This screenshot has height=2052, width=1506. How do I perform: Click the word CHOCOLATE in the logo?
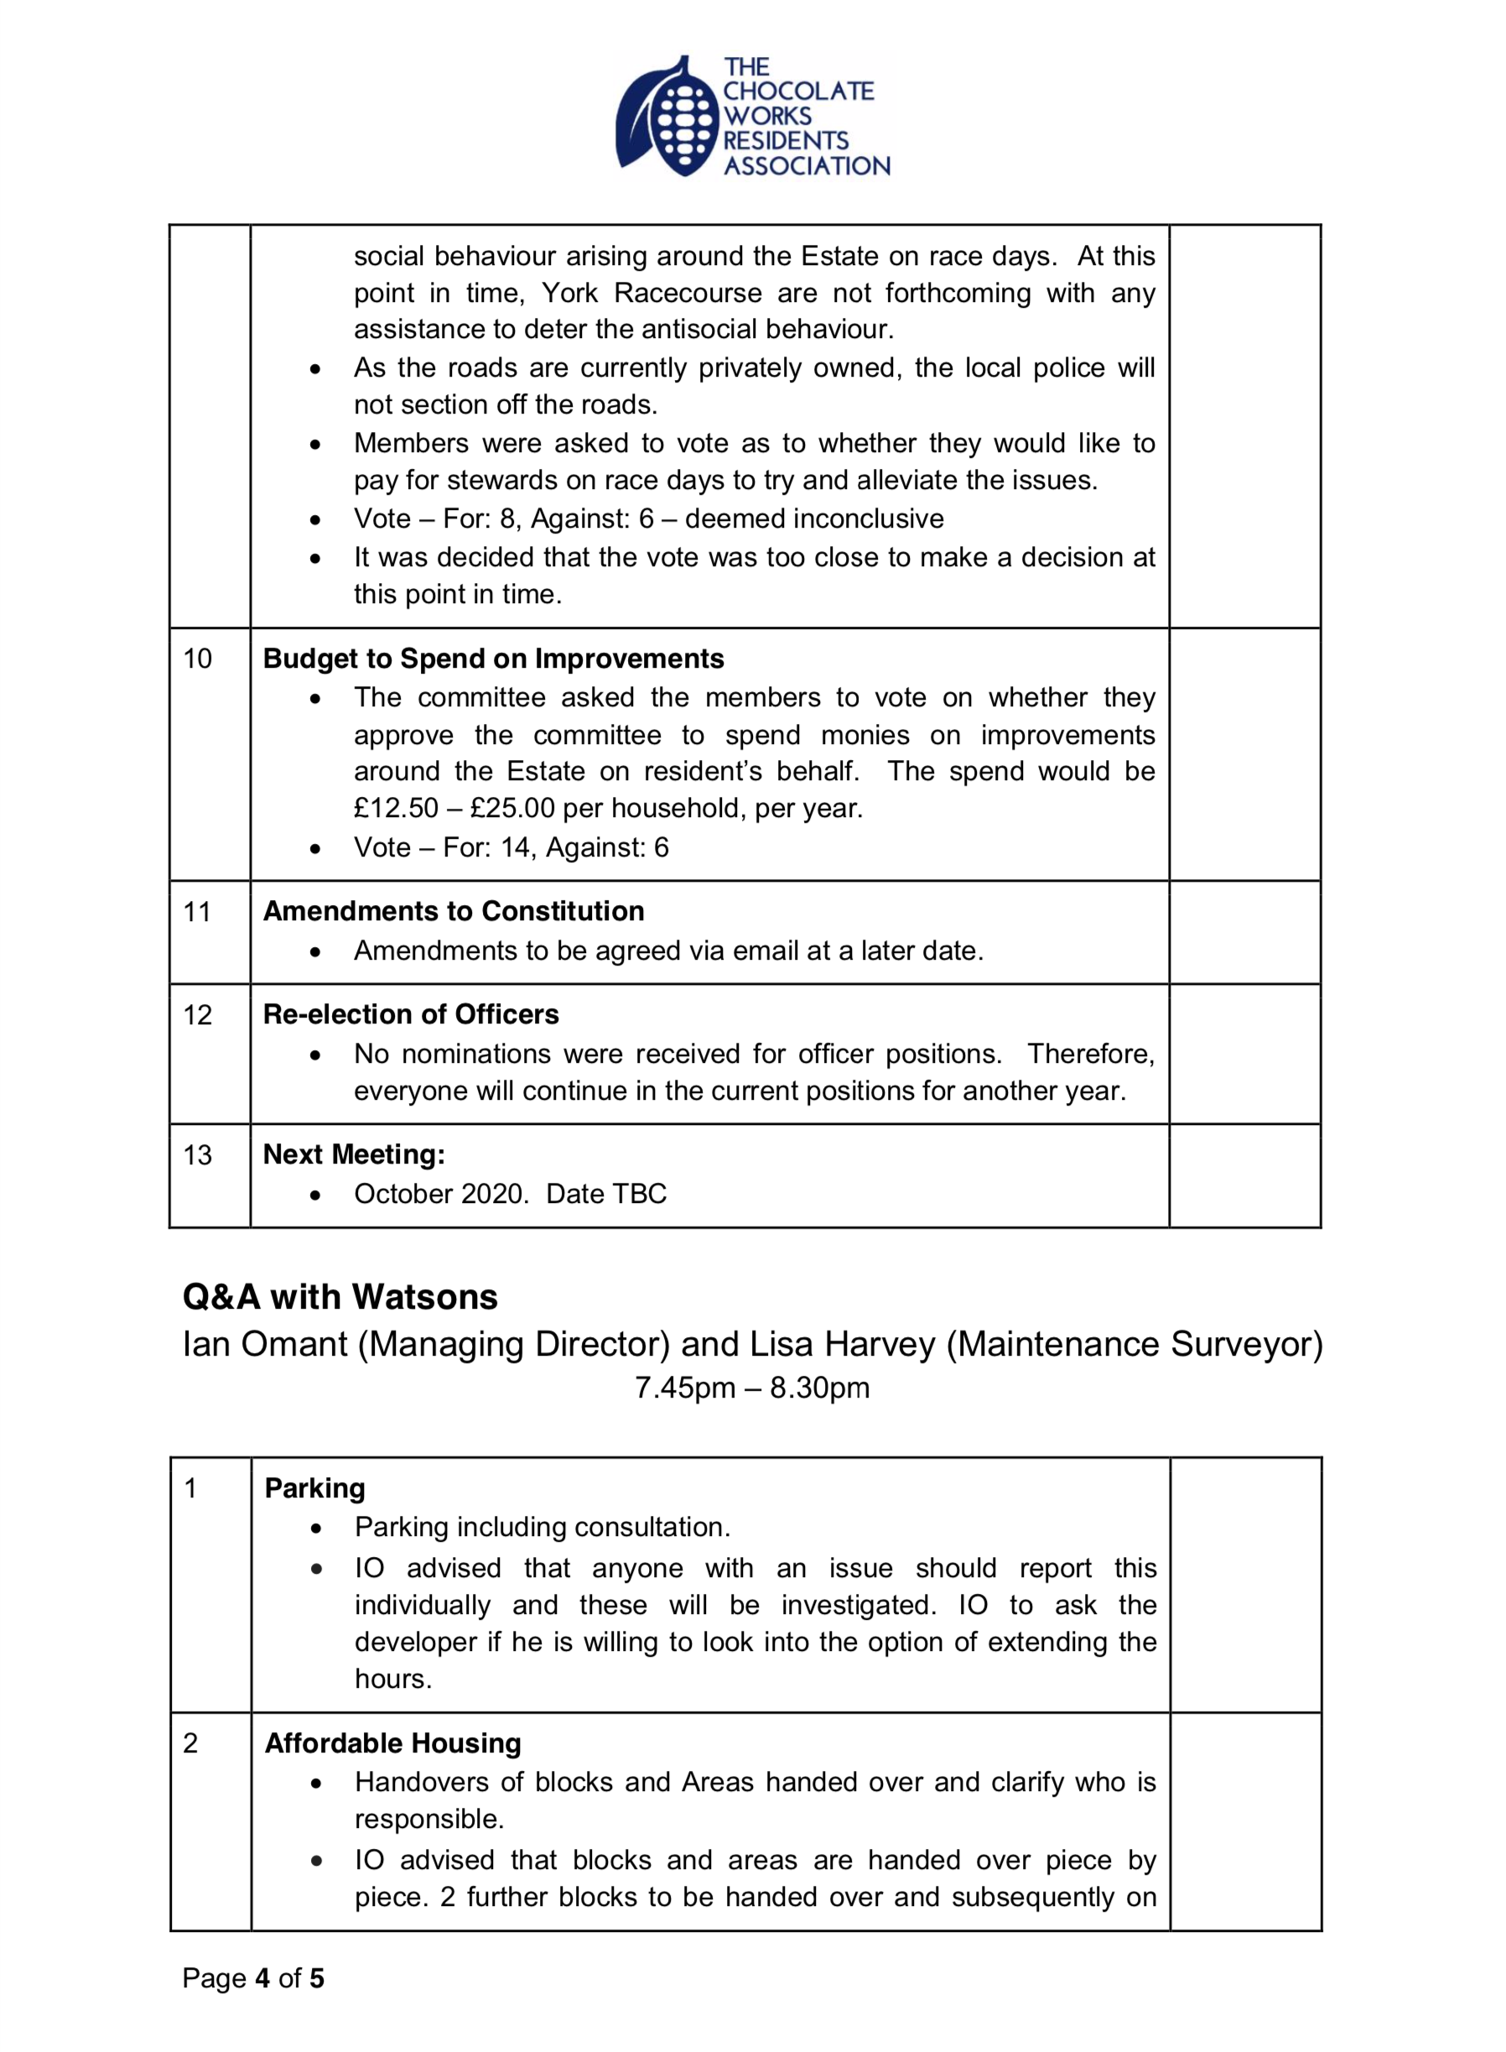[x=797, y=91]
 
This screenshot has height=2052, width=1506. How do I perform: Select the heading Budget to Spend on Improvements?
[x=493, y=659]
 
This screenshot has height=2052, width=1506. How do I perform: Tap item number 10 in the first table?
[x=197, y=659]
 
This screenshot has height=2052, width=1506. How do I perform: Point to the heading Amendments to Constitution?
[x=453, y=911]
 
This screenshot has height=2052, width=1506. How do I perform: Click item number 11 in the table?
[x=197, y=912]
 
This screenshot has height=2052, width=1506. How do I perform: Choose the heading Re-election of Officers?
[x=410, y=1014]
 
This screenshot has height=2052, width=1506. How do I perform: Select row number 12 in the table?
[x=197, y=1015]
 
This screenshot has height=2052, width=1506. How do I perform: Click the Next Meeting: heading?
[x=354, y=1154]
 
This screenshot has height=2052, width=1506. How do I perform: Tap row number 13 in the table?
[x=197, y=1155]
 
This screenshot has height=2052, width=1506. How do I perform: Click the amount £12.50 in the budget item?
[x=396, y=809]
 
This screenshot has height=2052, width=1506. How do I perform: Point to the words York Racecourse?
[x=651, y=293]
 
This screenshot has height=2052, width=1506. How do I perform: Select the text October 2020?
[x=441, y=1194]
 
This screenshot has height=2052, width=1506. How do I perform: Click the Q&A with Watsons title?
[x=340, y=1297]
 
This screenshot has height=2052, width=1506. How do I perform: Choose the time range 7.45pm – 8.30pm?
[x=752, y=1388]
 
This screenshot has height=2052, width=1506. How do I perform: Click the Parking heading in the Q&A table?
[x=314, y=1488]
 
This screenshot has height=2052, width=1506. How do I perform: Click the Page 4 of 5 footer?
[x=252, y=1978]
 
